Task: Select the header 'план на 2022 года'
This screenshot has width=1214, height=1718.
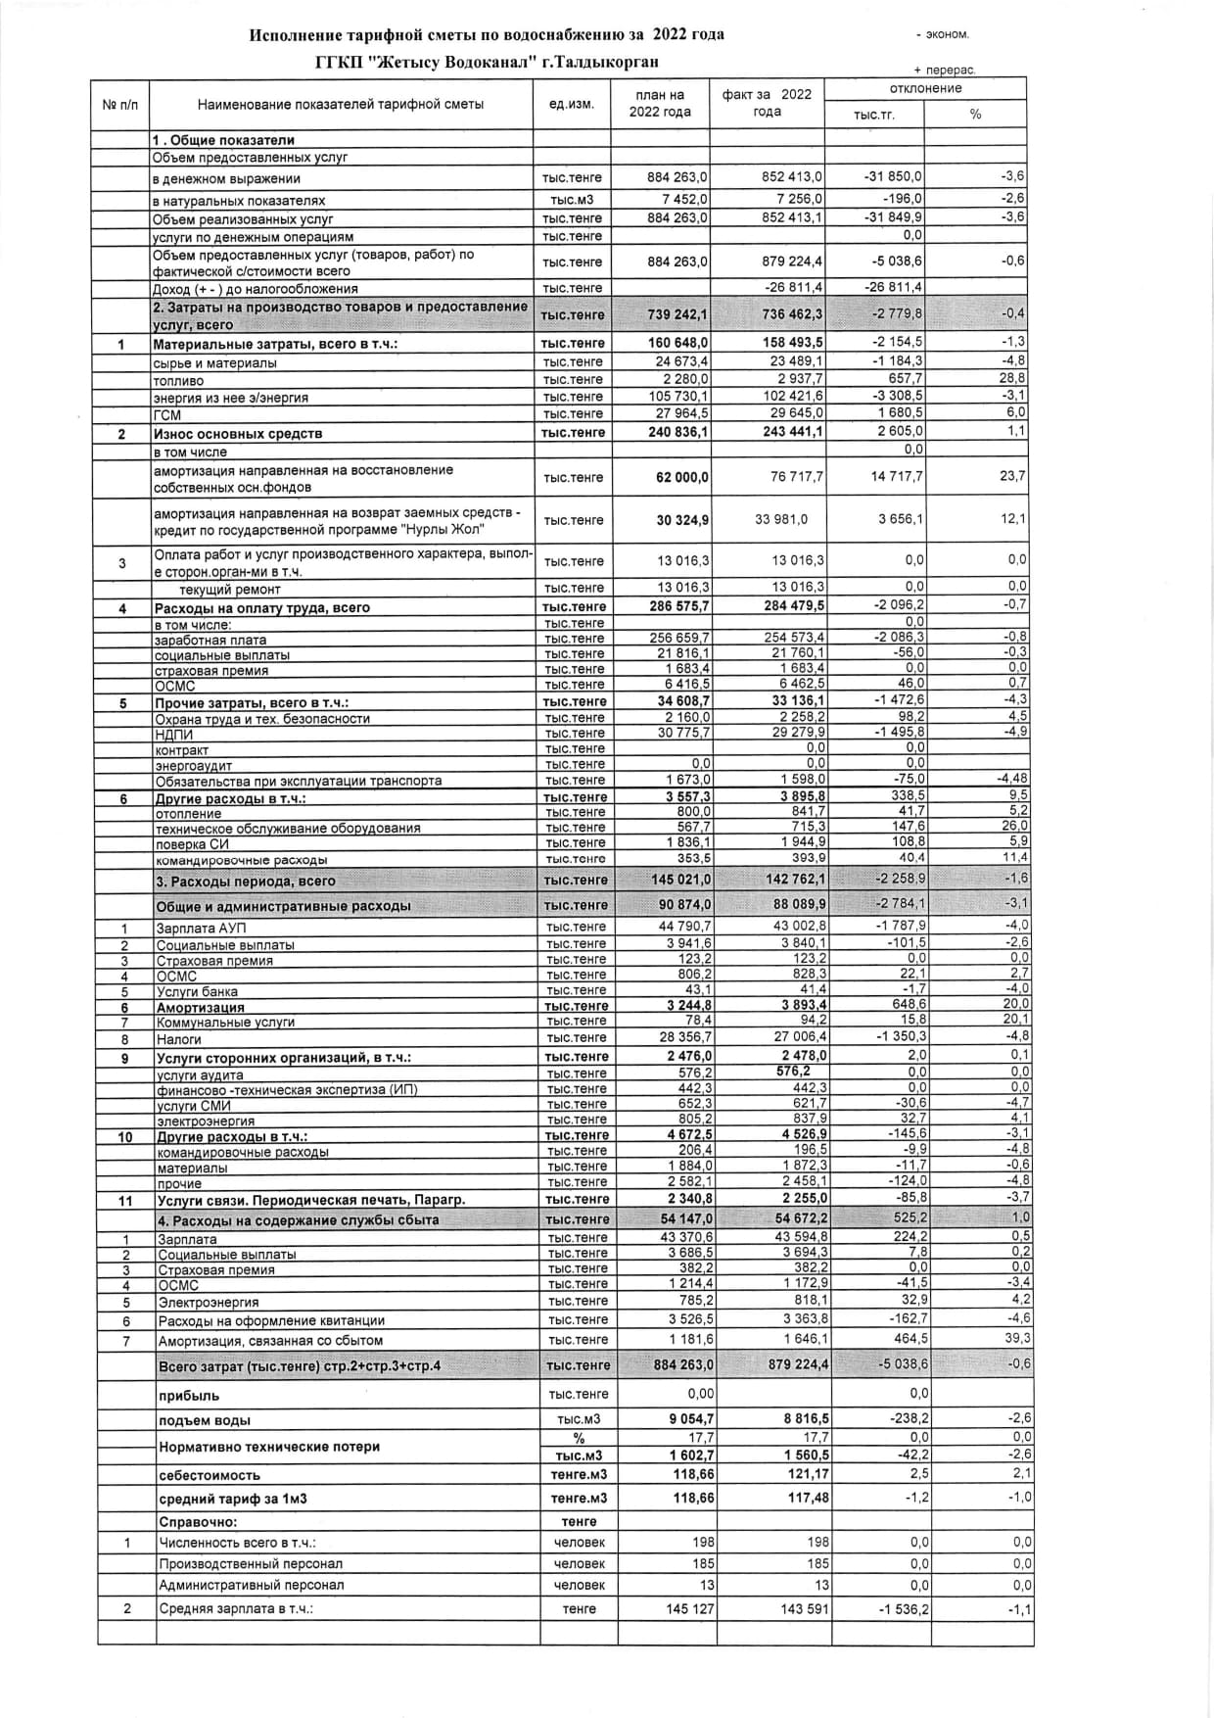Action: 659,104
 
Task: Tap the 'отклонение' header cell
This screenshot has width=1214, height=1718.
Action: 925,88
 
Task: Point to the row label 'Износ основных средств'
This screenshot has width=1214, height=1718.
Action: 238,433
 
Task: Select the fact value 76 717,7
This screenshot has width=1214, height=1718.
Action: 793,477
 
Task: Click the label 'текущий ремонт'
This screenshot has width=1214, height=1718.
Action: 229,589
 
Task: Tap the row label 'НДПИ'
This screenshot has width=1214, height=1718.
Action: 174,734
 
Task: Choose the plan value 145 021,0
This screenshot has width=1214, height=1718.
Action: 681,880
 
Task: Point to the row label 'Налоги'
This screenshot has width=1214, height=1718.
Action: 179,1038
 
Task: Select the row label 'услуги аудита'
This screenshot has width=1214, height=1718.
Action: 200,1074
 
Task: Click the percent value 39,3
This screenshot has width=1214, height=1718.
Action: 1017,1338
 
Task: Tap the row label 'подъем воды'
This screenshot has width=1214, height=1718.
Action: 204,1420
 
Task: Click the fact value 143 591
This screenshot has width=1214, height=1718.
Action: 803,1608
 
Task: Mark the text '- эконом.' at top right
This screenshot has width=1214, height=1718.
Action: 942,35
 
